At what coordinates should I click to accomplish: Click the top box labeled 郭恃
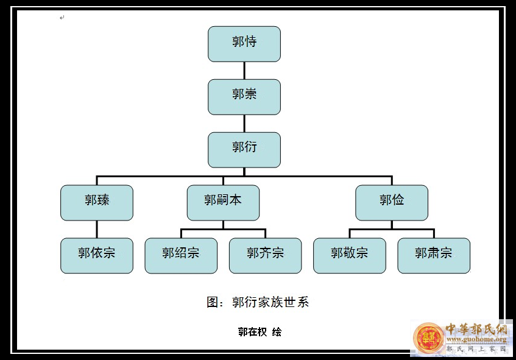point(244,44)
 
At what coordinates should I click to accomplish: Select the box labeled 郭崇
point(244,97)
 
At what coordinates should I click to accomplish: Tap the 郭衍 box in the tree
point(244,150)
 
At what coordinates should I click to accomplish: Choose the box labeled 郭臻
point(97,203)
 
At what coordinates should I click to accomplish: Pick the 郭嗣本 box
point(223,203)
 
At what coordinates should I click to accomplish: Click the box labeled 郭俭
point(392,203)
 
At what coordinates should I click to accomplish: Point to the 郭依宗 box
point(97,256)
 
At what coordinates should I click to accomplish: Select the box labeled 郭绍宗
point(181,256)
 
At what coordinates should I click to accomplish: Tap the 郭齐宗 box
point(265,256)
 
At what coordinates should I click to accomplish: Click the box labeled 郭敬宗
point(350,256)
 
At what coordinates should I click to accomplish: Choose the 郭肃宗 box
point(434,256)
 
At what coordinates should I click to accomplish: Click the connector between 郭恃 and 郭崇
point(244,71)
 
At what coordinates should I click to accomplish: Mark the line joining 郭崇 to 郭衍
point(244,124)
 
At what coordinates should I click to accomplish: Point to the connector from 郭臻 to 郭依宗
point(97,229)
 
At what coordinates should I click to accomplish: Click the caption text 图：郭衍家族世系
point(258,302)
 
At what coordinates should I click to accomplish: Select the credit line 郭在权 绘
point(260,332)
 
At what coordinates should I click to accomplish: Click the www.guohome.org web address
point(476,339)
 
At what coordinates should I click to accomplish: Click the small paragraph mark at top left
point(62,18)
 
